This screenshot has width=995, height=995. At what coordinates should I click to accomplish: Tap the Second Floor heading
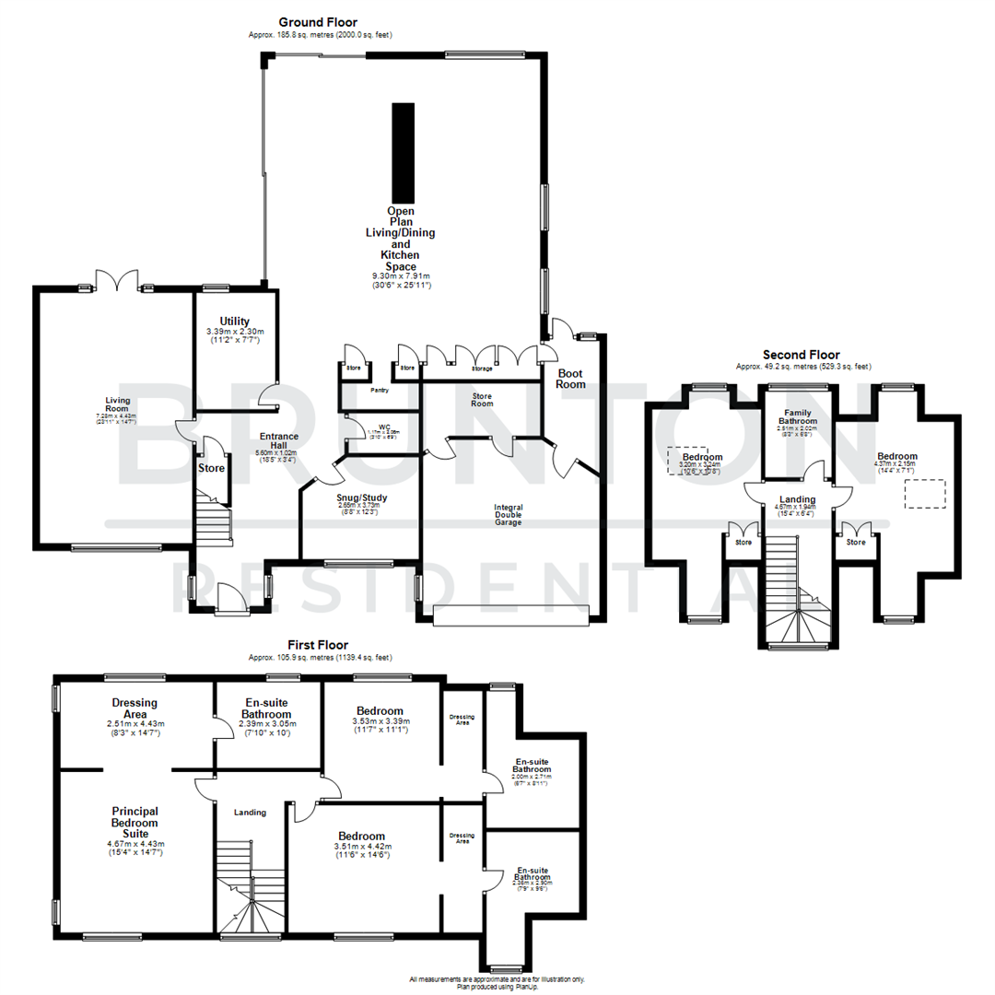[x=801, y=354]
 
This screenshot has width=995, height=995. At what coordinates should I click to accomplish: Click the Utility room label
[x=234, y=321]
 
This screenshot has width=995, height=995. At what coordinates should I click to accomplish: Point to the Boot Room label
[x=570, y=378]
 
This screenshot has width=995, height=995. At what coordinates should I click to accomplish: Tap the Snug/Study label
[x=362, y=497]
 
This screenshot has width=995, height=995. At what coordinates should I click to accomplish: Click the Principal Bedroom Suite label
[x=135, y=822]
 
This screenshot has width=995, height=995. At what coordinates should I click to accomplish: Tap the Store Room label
[x=476, y=399]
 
